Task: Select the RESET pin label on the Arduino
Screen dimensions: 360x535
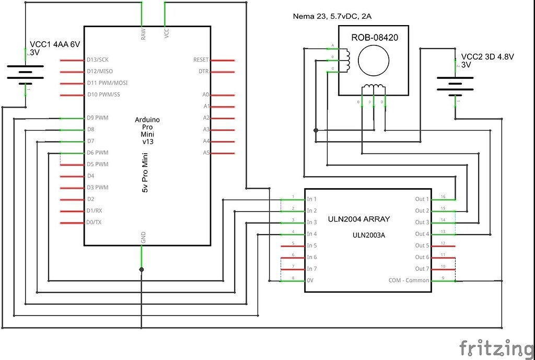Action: point(201,60)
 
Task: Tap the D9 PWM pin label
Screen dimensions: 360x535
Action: point(98,118)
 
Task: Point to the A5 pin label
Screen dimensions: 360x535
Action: point(206,153)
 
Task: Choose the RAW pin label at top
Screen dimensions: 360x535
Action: point(143,34)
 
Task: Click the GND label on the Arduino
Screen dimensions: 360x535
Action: point(143,237)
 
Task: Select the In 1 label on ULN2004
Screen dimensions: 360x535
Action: point(312,199)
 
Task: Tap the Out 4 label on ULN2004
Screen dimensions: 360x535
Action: point(422,234)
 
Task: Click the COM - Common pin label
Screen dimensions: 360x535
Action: point(409,281)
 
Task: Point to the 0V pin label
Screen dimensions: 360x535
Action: point(311,281)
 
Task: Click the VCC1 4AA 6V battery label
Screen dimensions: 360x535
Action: point(55,45)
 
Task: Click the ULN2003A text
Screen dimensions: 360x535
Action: point(368,235)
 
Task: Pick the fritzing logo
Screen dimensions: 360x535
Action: point(496,347)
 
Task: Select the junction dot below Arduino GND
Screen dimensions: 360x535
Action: point(142,270)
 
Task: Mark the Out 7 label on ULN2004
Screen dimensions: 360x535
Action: point(422,269)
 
